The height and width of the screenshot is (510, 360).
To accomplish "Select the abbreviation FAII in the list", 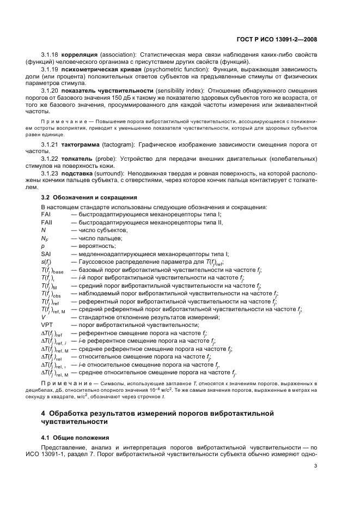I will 46,222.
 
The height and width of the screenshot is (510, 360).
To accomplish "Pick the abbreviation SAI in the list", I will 46,254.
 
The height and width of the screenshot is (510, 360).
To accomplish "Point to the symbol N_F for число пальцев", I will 45,238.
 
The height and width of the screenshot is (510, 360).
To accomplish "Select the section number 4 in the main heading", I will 44,413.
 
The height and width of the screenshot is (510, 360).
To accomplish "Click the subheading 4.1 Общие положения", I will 75,438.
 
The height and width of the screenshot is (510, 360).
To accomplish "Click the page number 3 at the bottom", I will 316,466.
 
